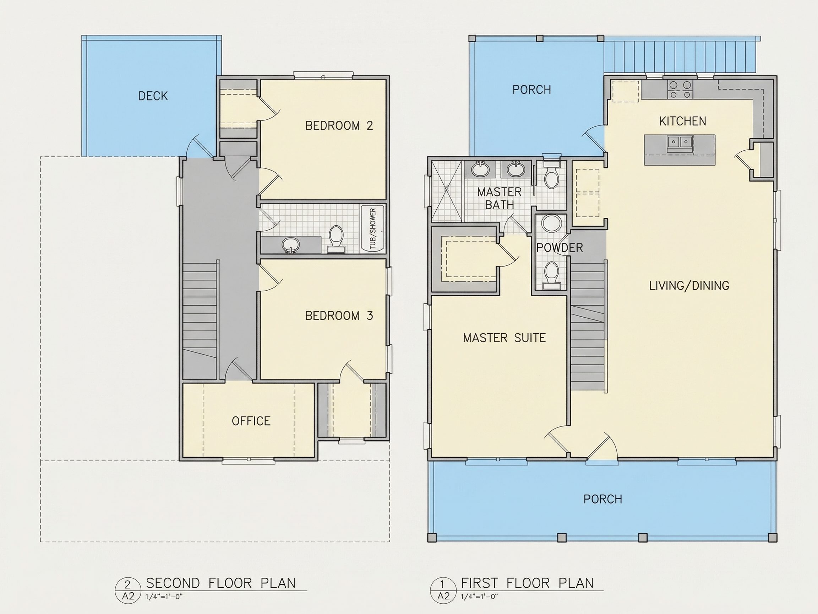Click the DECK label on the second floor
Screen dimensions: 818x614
(x=153, y=96)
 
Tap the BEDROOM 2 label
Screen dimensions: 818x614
(x=339, y=126)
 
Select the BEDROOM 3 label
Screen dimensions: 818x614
(x=339, y=316)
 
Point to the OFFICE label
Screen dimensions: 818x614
(x=251, y=421)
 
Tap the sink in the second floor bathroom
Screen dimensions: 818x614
(x=290, y=245)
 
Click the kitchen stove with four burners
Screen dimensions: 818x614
(x=680, y=90)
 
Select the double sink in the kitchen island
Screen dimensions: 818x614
(x=680, y=141)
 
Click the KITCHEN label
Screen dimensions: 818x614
(x=683, y=121)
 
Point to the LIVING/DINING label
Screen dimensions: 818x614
(x=689, y=285)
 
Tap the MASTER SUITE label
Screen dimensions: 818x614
(x=505, y=338)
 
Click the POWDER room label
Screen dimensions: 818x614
(x=560, y=248)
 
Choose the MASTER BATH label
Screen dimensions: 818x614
(x=499, y=198)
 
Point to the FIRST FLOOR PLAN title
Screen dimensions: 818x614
(x=527, y=583)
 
